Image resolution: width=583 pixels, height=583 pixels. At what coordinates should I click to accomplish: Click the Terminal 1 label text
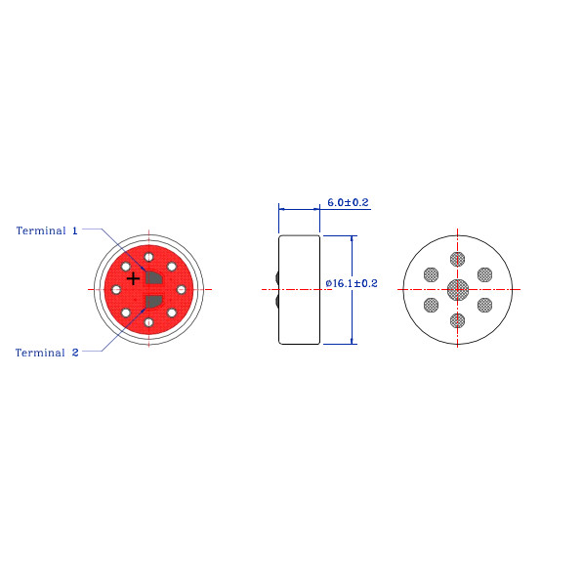(x=47, y=230)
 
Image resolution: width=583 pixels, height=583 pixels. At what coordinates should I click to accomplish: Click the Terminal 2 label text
(x=47, y=353)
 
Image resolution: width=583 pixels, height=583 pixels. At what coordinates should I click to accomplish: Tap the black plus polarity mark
(x=133, y=278)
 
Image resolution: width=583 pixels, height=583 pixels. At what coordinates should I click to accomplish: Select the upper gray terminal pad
(x=153, y=277)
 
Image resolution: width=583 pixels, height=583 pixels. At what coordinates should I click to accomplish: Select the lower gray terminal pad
(x=153, y=302)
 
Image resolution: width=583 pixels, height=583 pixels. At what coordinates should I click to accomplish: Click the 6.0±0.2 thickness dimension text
(x=348, y=202)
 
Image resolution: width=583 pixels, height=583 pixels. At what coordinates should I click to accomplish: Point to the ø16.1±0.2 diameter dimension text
(x=352, y=283)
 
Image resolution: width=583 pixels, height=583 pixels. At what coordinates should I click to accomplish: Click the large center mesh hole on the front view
(x=458, y=290)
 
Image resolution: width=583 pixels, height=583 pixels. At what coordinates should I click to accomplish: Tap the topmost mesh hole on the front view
(x=457, y=259)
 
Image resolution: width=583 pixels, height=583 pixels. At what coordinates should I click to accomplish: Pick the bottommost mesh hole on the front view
(x=457, y=320)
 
